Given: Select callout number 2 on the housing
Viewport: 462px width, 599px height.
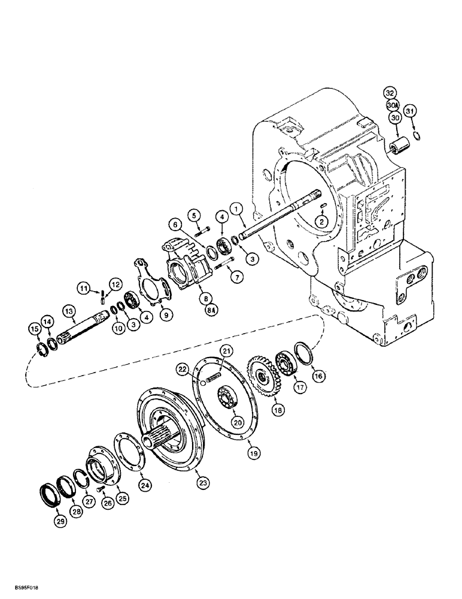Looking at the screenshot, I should click(x=322, y=221).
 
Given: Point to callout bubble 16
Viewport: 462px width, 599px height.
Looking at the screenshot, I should click(x=319, y=376).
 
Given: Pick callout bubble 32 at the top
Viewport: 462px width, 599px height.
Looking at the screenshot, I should click(x=390, y=93).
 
